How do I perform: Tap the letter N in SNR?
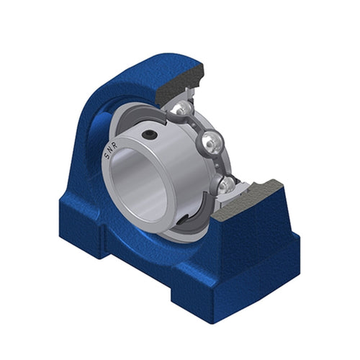[109, 150]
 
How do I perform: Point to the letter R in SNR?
[114, 145]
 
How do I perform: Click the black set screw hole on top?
[150, 135]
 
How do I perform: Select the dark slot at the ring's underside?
[184, 219]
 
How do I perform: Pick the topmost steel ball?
[184, 109]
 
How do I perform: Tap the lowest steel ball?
[225, 185]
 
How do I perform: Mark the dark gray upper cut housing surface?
[179, 81]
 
